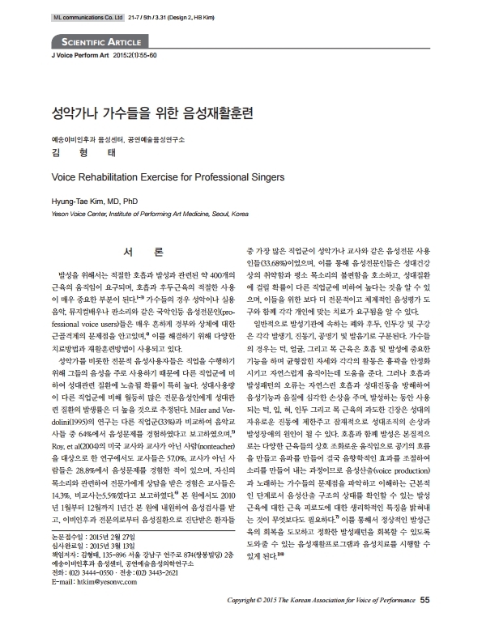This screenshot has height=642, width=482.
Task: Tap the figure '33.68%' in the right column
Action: [274, 264]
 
